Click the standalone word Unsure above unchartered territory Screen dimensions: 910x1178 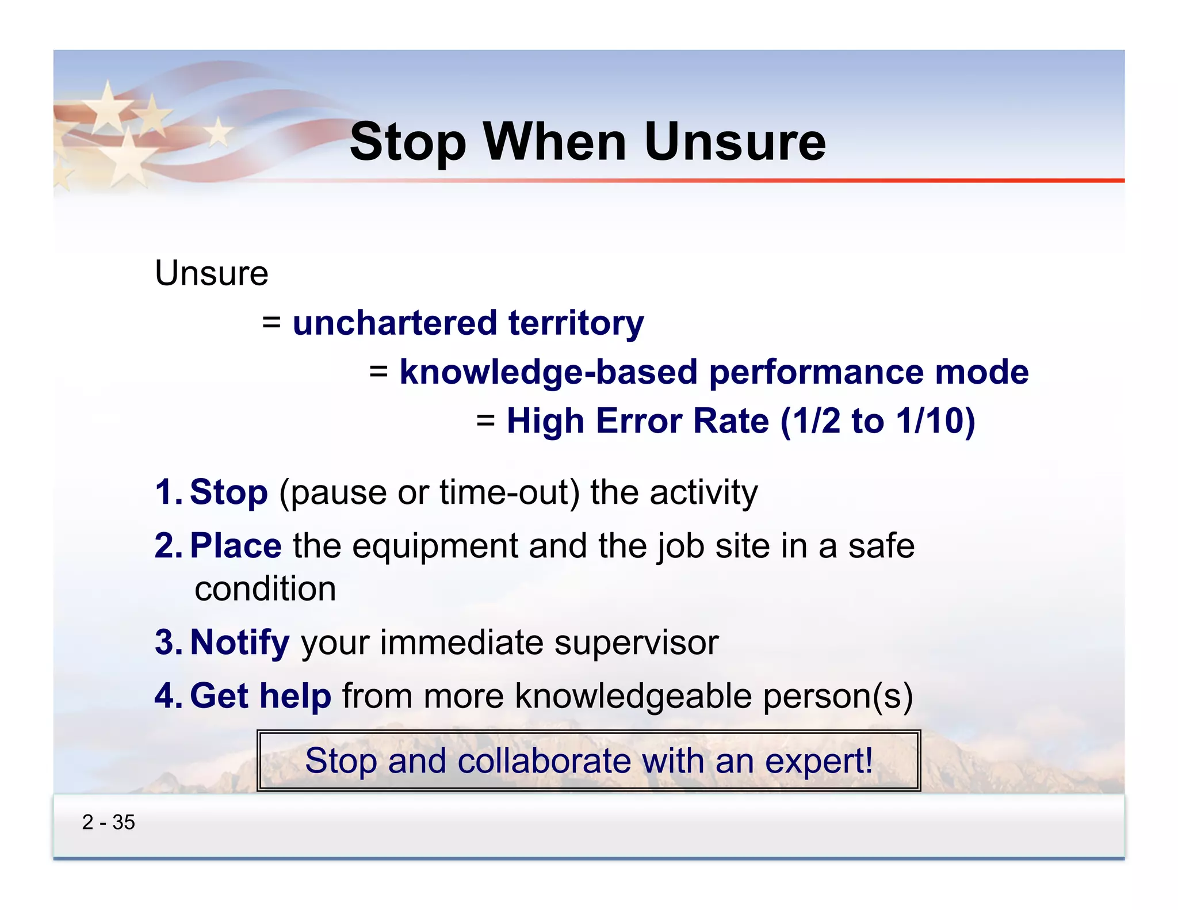coord(211,273)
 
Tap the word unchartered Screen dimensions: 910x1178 coord(395,323)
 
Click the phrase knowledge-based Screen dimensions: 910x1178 coord(548,372)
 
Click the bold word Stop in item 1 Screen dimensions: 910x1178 coord(228,492)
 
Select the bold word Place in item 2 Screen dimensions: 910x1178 coord(235,545)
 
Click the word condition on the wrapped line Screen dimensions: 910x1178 coord(265,589)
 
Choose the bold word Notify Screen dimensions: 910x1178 coord(239,642)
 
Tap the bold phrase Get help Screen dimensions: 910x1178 coord(260,696)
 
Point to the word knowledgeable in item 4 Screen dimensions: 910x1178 coord(633,697)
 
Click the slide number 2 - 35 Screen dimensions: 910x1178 coord(108,822)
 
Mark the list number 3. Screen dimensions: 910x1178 coord(166,642)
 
